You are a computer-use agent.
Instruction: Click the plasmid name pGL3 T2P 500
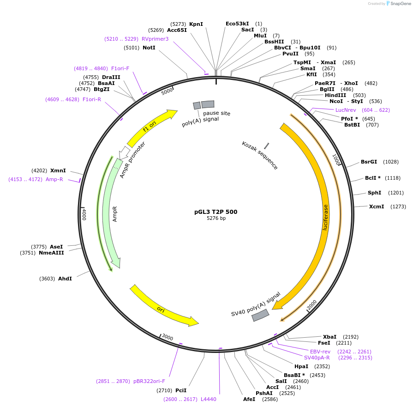[215, 212]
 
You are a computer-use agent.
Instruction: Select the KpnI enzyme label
[196, 24]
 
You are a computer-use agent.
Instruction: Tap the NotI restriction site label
[149, 48]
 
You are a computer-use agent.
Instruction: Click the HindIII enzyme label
[335, 95]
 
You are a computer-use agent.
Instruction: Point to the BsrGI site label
[369, 162]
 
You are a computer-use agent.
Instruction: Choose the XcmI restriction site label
[377, 207]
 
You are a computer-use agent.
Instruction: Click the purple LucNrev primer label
[346, 110]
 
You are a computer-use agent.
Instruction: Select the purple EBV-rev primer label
[320, 352]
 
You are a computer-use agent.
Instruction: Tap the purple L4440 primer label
[209, 399]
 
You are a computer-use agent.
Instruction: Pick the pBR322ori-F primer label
[149, 381]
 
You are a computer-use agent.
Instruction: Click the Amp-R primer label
[54, 179]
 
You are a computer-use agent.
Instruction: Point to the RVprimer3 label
[155, 39]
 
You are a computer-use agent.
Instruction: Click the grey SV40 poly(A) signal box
[260, 315]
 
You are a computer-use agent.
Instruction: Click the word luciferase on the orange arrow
[325, 217]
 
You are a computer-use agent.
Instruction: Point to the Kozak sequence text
[260, 156]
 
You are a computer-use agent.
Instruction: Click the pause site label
[216, 113]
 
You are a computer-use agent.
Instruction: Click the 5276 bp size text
[216, 219]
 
